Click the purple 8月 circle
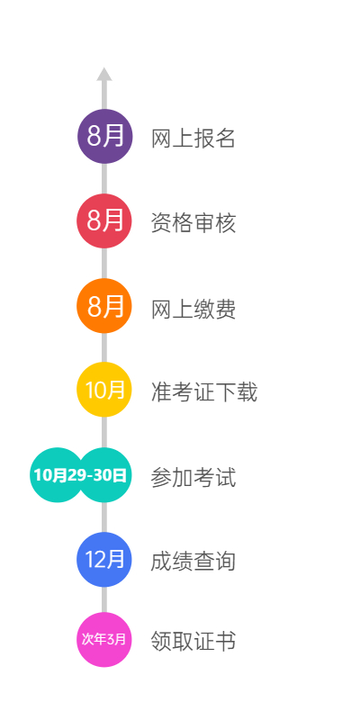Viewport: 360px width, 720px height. tap(104, 137)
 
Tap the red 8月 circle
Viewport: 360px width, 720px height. tap(104, 220)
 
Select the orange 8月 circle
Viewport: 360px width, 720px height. tap(104, 306)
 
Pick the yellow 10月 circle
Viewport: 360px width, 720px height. tap(104, 390)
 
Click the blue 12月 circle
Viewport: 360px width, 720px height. tap(104, 559)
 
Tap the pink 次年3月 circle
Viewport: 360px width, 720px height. tap(104, 640)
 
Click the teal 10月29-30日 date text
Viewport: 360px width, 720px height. tap(80, 475)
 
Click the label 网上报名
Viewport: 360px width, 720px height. tap(193, 139)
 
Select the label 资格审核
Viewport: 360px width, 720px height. tap(193, 223)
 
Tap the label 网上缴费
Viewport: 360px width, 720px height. tap(193, 309)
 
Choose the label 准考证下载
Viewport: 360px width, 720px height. tap(204, 392)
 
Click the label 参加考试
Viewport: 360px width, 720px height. tap(193, 478)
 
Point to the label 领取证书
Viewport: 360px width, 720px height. tap(193, 641)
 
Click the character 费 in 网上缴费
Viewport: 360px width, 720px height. tap(226, 309)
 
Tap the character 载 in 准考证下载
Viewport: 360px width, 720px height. tap(247, 392)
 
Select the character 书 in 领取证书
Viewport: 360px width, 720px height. tap(226, 641)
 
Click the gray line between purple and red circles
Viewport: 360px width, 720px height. tap(104, 178)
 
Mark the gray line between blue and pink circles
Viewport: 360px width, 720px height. tap(104, 599)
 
